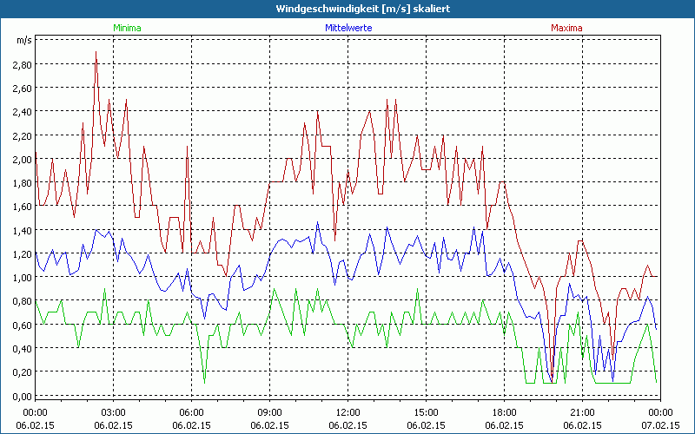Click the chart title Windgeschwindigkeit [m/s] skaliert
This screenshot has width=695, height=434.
coord(347,8)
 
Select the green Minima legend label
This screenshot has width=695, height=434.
coord(127,28)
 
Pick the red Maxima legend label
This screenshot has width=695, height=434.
coord(566,28)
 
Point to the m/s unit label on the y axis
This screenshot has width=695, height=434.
coord(23,40)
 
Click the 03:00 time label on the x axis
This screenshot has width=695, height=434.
coord(113,412)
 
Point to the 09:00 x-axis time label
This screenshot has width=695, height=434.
coord(269,412)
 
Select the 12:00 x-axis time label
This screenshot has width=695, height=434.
coord(347,412)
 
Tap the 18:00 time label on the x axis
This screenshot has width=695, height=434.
coord(504,412)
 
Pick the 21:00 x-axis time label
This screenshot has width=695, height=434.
coord(582,412)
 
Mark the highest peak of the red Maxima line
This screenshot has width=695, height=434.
coord(96,52)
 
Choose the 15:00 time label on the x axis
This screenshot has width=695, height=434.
coord(426,412)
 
